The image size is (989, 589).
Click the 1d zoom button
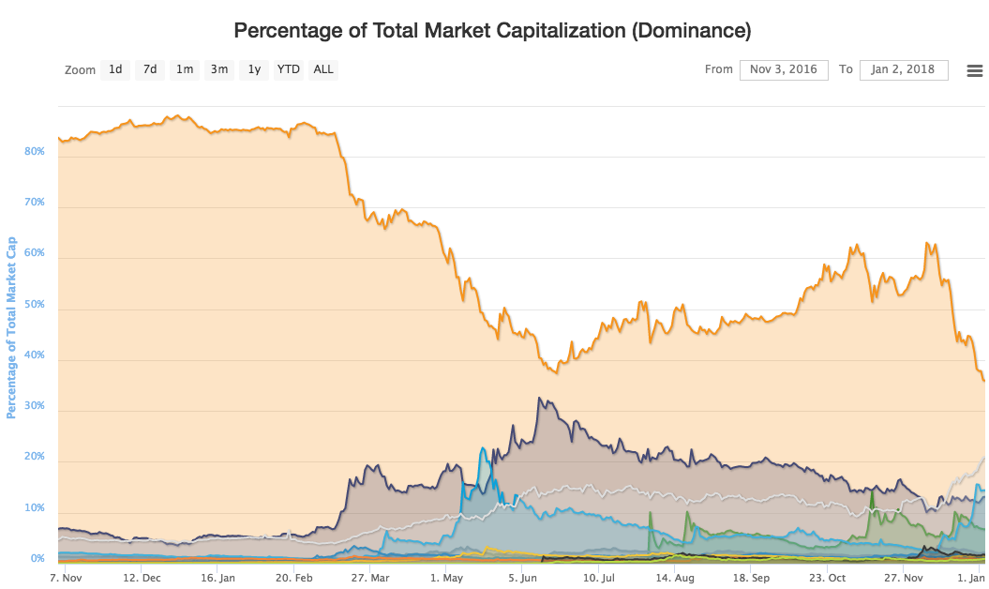click(114, 69)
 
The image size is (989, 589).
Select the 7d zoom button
click(149, 69)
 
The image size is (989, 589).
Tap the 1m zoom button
click(184, 69)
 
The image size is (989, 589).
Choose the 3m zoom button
click(218, 69)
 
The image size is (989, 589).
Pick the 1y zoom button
click(253, 69)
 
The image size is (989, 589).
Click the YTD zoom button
click(288, 69)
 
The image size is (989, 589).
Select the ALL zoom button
click(322, 69)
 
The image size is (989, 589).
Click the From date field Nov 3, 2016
click(784, 69)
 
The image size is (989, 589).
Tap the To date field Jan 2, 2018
click(903, 69)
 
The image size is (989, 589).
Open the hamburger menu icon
click(975, 70)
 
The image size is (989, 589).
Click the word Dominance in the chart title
click(692, 30)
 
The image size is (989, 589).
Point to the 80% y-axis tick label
click(35, 152)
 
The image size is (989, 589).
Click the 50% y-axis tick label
click(35, 304)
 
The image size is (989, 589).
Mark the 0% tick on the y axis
click(37, 559)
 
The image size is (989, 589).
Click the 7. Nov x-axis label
click(66, 578)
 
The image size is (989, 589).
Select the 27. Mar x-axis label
click(370, 578)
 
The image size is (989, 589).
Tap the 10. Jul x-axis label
click(599, 578)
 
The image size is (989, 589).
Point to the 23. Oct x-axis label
click(828, 578)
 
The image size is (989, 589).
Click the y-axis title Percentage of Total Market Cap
click(10, 327)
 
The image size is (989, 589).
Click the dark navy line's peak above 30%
click(539, 398)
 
